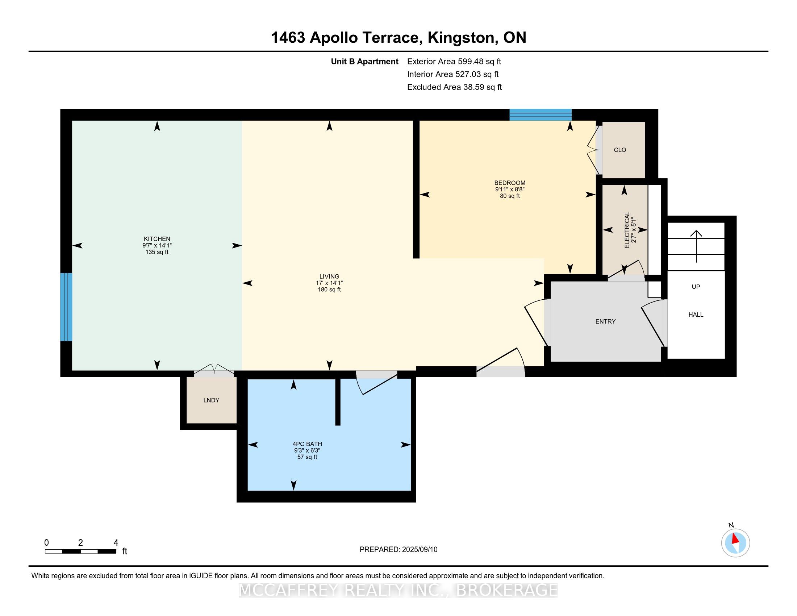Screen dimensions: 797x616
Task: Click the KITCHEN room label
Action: click(x=157, y=239)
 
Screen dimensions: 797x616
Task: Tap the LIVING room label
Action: click(x=329, y=276)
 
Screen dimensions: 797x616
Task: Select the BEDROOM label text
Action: click(x=510, y=183)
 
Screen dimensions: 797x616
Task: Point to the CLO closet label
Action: click(x=620, y=150)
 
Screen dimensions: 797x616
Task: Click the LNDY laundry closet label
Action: click(x=211, y=400)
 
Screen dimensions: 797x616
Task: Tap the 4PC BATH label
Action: click(x=307, y=444)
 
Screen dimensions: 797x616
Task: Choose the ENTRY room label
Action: click(x=605, y=321)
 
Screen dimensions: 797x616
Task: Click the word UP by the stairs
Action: click(x=696, y=287)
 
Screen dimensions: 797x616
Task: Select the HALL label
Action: click(x=696, y=315)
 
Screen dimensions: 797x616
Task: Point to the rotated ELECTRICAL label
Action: click(x=627, y=230)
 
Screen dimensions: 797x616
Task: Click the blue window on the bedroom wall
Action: click(x=541, y=115)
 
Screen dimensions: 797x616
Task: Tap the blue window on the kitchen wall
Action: click(x=66, y=307)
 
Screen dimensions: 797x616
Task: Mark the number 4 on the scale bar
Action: click(x=116, y=543)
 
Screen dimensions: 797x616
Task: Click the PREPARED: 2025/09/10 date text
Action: click(x=398, y=550)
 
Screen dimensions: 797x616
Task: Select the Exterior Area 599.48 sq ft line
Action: click(x=454, y=62)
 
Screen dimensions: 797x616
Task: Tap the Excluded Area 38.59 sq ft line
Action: click(x=454, y=87)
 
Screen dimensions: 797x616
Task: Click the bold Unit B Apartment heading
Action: click(x=364, y=62)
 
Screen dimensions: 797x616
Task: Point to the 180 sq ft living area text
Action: click(x=329, y=290)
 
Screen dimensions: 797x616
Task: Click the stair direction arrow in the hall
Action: click(x=696, y=246)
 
